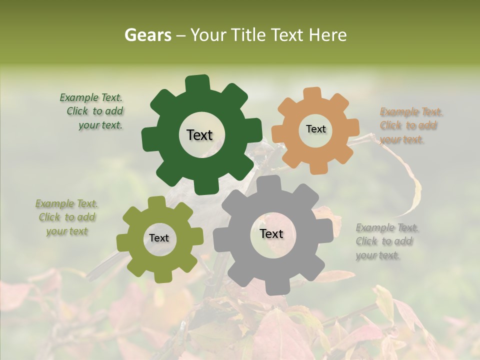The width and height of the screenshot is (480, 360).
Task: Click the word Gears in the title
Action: click(147, 35)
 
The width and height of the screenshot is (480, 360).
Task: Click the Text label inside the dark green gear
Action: click(199, 135)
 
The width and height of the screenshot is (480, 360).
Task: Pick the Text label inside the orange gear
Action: click(315, 129)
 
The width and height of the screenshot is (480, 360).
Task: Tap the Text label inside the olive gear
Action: click(159, 238)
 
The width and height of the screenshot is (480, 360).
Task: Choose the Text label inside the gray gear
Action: click(271, 233)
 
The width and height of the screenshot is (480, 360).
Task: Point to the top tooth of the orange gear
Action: click(312, 94)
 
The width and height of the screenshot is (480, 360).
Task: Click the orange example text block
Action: click(411, 125)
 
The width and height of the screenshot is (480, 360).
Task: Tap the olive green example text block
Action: click(67, 217)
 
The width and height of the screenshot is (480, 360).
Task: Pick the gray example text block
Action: click(387, 241)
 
